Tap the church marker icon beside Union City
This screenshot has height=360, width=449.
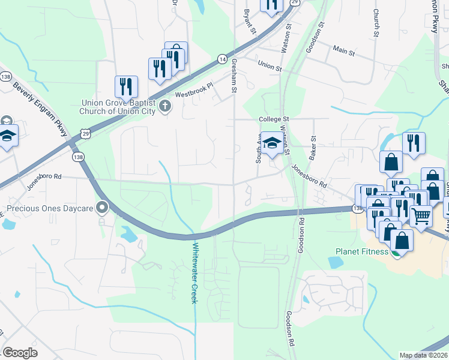(166, 107)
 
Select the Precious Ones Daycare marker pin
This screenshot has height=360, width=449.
(102, 208)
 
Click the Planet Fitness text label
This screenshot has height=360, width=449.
(362, 251)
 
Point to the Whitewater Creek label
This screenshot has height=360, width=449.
(194, 272)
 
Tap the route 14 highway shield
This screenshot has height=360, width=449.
(222, 59)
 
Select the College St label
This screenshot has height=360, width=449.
(274, 119)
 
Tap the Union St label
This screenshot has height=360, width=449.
(270, 64)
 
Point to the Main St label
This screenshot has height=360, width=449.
(344, 51)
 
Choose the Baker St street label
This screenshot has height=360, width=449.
(313, 146)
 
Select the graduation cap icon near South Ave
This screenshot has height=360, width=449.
(272, 143)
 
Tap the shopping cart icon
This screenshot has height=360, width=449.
(421, 215)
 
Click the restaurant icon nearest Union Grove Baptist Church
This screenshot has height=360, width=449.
(127, 86)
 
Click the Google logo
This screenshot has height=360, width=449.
(20, 352)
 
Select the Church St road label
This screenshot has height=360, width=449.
(376, 22)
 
